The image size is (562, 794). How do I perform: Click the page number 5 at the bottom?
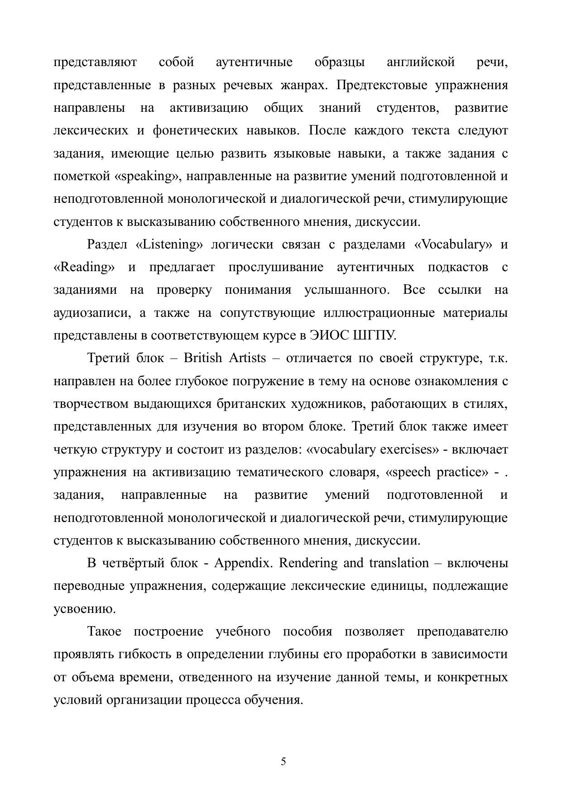coord(283,761)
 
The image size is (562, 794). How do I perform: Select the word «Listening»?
coord(169,244)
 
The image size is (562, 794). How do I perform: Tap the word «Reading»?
coord(84,267)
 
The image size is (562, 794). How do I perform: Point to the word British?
coord(202,358)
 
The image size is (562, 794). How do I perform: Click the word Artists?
coord(247,358)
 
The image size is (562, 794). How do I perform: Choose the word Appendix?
coord(242,563)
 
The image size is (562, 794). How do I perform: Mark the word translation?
coord(399,563)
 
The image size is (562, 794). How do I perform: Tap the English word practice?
coord(462,472)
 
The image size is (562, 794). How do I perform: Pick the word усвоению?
coord(85,609)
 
